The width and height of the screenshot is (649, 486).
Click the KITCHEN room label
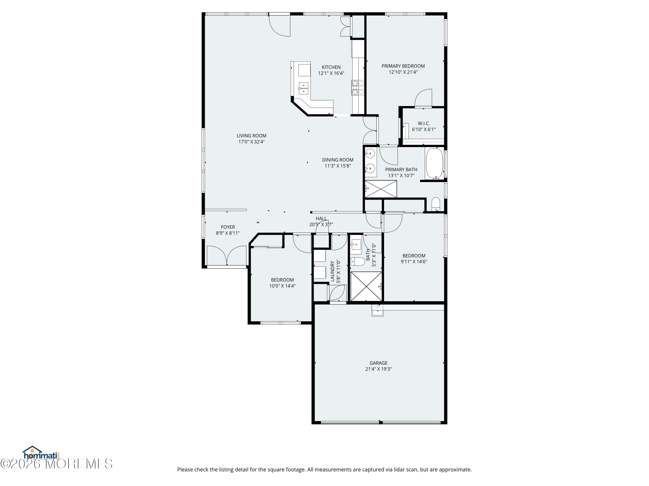click(331, 67)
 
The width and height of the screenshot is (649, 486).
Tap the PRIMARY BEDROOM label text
click(403, 66)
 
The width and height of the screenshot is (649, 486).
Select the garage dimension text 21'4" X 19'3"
click(379, 369)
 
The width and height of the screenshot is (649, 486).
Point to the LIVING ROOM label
click(251, 136)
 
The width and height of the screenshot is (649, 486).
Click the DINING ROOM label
click(338, 160)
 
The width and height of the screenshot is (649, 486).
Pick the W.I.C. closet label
click(424, 123)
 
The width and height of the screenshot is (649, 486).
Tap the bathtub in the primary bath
click(435, 164)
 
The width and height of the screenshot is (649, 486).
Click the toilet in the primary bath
click(436, 204)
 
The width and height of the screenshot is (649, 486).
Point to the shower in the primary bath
click(381, 189)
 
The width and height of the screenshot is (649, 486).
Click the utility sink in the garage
click(378, 311)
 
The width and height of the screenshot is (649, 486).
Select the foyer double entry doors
click(227, 256)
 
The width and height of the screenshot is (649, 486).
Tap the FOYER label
click(228, 227)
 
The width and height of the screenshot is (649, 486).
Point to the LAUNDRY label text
click(333, 271)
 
